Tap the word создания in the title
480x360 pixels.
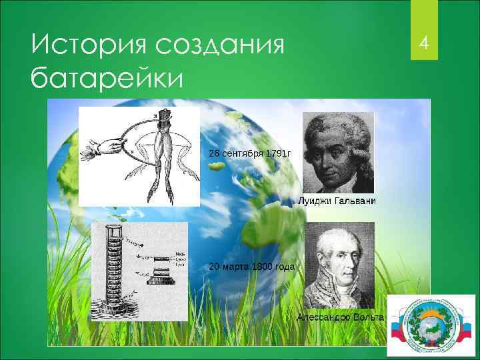pyautogui.click(x=219, y=46)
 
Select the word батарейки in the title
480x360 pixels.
pyautogui.click(x=105, y=79)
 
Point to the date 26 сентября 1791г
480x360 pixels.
pyautogui.click(x=249, y=153)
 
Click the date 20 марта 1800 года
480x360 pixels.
pyautogui.click(x=251, y=267)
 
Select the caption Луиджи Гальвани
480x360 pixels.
pyautogui.click(x=337, y=201)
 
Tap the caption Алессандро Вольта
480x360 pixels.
pyautogui.click(x=340, y=317)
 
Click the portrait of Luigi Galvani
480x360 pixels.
pyautogui.click(x=338, y=152)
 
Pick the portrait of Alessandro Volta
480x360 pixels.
pyautogui.click(x=338, y=265)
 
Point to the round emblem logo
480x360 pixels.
pyautogui.click(x=431, y=323)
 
